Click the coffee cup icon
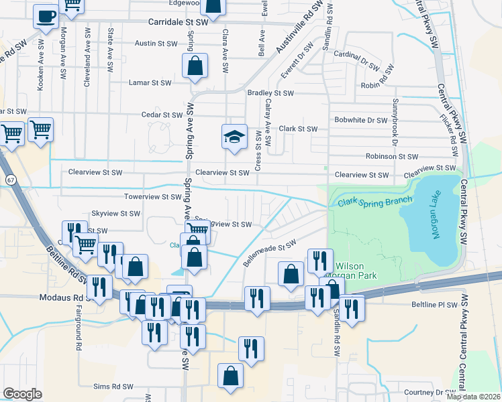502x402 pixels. click(x=46, y=16)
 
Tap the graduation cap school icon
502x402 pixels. click(x=233, y=138)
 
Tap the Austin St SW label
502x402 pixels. click(x=156, y=44)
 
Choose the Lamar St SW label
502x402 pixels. click(x=150, y=83)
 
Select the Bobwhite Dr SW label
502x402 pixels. click(x=361, y=121)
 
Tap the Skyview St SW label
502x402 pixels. click(x=115, y=213)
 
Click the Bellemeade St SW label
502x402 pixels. click(x=268, y=253)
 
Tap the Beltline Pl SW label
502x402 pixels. click(x=434, y=305)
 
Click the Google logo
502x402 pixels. click(x=23, y=393)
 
